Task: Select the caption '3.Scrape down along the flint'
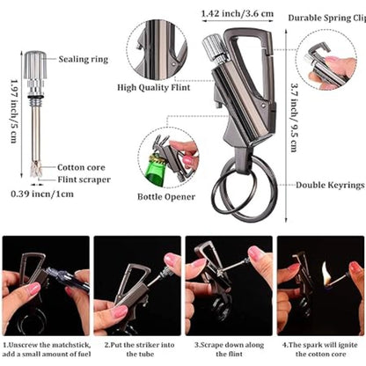tap(228, 349)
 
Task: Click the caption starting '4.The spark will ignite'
tap(319, 349)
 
